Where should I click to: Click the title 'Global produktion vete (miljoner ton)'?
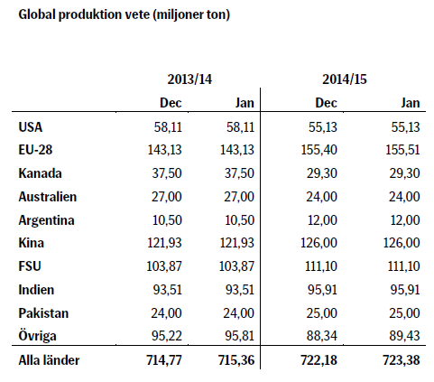coord(125,14)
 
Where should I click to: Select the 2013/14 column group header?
coord(189,79)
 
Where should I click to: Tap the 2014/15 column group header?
coord(345,79)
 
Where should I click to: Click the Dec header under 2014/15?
coord(326,103)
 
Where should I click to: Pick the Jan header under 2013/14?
coord(245,103)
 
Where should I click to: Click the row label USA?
coord(31,127)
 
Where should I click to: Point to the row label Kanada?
coord(40,173)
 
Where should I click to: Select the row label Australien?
coord(48,197)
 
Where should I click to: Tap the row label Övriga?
coord(37,336)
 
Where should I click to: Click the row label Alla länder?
coord(49,360)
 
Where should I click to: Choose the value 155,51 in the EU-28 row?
coord(402,150)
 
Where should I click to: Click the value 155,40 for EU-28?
coord(319,150)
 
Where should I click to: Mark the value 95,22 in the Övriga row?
coord(167,336)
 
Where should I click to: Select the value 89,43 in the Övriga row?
coord(404,336)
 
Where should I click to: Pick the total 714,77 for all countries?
coord(164,360)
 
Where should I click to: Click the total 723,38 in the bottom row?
coord(402,360)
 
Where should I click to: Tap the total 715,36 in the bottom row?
coord(236,360)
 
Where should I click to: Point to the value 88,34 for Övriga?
coord(322,336)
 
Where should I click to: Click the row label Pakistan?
coord(43,313)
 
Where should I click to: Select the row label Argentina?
coord(46,220)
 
